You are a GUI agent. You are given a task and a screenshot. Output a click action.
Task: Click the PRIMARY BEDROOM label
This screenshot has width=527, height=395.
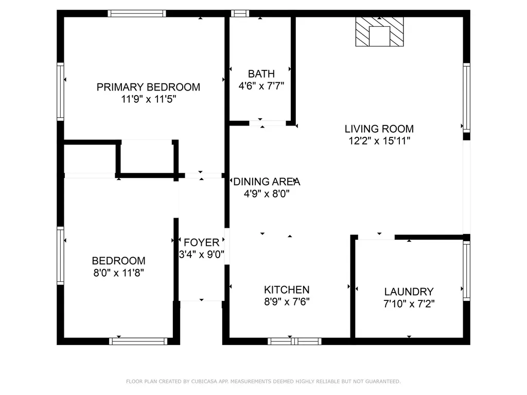point(148,87)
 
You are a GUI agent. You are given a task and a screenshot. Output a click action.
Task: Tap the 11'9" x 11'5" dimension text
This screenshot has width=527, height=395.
point(149,99)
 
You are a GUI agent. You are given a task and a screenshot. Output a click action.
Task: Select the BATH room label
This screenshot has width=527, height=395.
point(261,74)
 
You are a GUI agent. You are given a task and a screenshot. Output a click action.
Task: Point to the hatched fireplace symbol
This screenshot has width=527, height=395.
point(380,32)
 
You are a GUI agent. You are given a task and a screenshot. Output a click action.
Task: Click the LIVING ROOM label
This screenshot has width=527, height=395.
point(379,129)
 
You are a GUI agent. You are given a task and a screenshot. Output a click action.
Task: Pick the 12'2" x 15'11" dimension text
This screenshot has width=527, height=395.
point(379,140)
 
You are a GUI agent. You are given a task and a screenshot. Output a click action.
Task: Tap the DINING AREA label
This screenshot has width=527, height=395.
point(266,182)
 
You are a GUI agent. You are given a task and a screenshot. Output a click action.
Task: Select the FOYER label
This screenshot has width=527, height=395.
point(201,242)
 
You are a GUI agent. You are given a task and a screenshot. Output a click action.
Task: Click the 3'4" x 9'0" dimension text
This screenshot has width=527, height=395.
point(201,254)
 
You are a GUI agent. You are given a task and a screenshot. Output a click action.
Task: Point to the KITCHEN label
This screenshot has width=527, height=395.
point(287,290)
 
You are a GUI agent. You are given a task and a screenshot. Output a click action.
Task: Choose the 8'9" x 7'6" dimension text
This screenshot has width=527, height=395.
point(287,302)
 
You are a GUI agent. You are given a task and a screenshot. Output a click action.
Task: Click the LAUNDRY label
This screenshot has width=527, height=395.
point(409,292)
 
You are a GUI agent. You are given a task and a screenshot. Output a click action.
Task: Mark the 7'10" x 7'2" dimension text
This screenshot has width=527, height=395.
point(409,303)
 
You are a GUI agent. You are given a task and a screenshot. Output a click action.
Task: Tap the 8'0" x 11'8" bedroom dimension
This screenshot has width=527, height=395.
point(118,273)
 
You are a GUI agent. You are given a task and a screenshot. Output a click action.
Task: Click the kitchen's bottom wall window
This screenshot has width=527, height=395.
point(295,341)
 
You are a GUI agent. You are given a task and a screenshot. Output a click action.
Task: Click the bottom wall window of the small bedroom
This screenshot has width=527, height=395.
point(138,341)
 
